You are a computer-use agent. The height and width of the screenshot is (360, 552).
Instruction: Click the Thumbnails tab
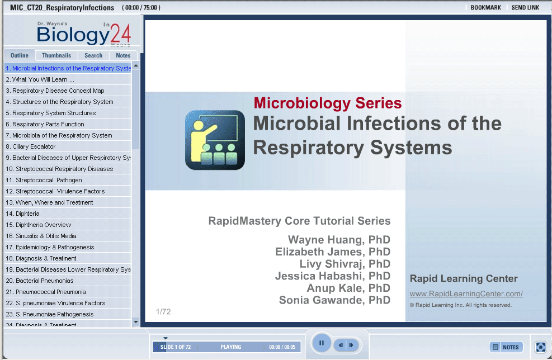point(56,55)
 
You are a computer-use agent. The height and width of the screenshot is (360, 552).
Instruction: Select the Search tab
point(93,55)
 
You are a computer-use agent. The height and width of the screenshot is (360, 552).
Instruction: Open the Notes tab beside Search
point(123,55)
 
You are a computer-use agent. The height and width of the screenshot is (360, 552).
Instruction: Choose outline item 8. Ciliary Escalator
point(31,146)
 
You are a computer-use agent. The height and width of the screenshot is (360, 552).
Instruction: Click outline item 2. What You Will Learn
point(40,79)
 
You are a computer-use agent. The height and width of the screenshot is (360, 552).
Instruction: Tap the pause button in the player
point(321,343)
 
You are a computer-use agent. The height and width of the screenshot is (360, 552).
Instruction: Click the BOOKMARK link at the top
point(485,7)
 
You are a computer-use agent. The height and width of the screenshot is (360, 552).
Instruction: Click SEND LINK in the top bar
point(525,7)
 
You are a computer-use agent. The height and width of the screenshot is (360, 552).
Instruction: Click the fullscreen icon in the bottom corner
point(540,347)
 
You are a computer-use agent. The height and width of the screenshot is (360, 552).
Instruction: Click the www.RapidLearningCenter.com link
point(466,294)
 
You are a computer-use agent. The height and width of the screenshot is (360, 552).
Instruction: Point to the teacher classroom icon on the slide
point(215,140)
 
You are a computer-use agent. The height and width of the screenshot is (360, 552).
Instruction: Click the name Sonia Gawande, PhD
point(334,300)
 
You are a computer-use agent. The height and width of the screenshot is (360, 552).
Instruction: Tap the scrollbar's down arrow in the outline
point(136,322)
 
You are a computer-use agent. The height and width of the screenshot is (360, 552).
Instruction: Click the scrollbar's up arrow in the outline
point(136,66)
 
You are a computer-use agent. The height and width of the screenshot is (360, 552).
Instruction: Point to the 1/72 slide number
point(163,312)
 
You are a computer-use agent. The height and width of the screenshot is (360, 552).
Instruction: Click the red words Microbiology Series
point(328,103)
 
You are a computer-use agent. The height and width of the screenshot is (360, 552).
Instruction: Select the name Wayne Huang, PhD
point(339,240)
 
